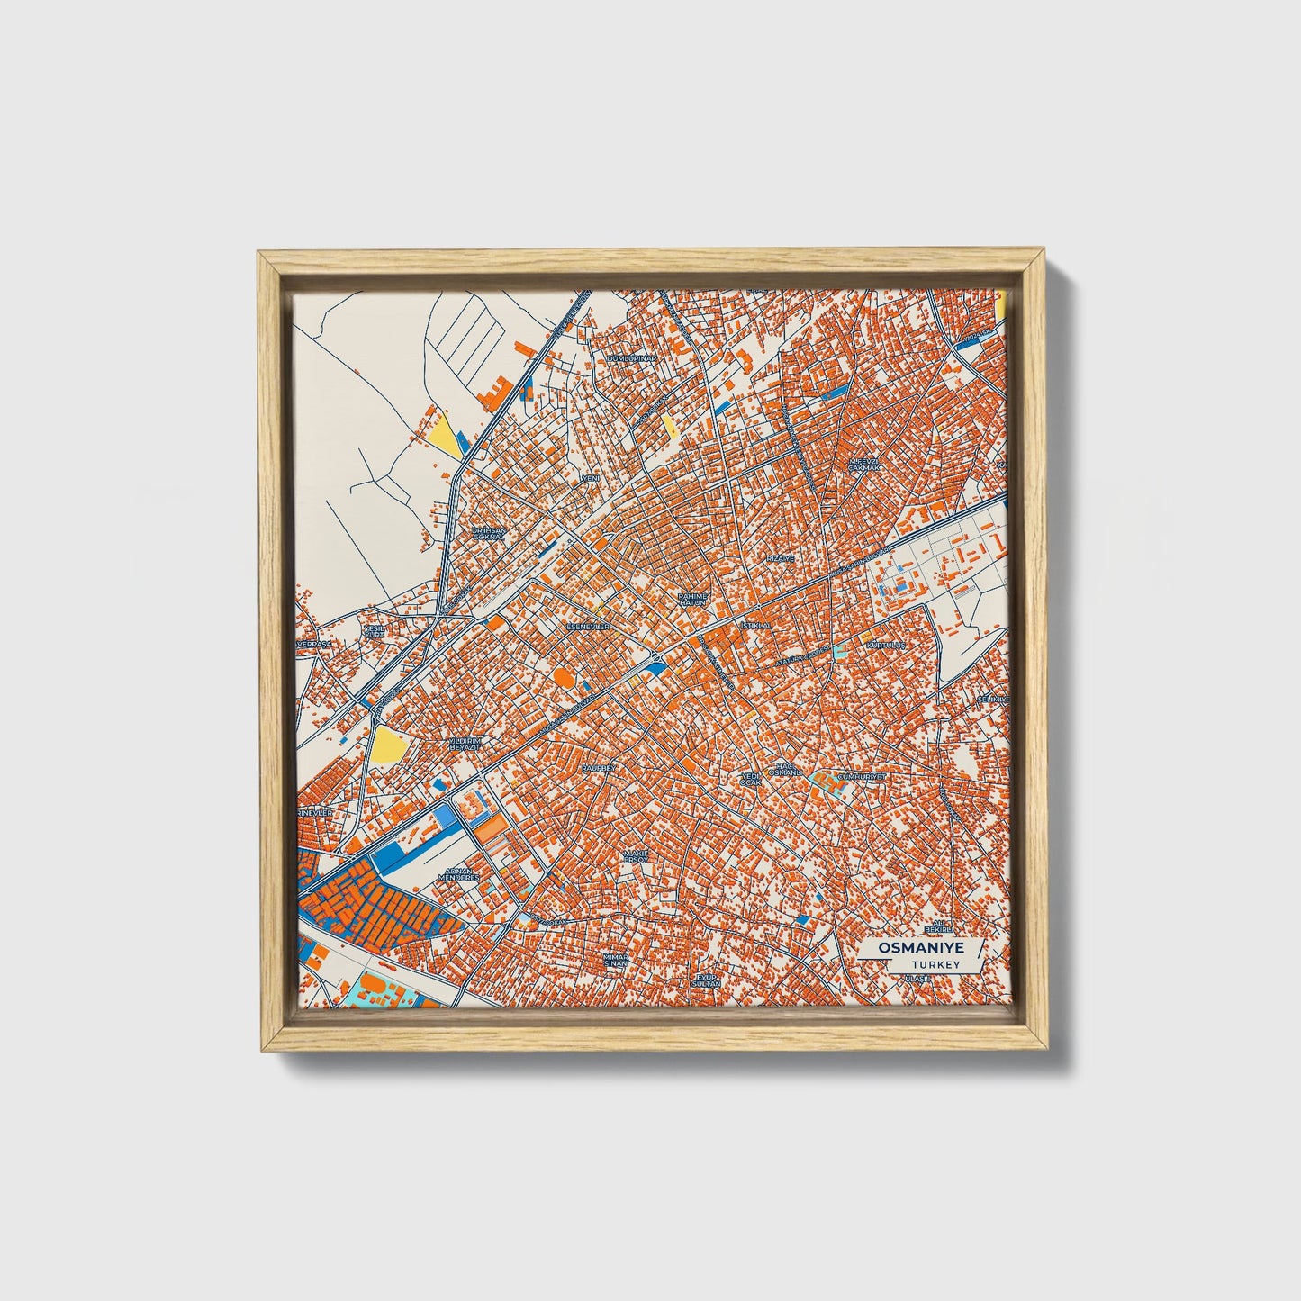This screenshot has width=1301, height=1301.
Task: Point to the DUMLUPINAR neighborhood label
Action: click(634, 358)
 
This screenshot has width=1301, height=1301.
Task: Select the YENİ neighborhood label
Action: click(591, 477)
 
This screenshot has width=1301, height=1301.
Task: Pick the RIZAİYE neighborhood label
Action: click(781, 558)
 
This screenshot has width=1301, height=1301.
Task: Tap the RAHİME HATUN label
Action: click(693, 600)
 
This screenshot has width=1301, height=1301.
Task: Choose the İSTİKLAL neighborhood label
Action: click(755, 624)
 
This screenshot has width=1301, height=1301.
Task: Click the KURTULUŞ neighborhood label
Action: click(884, 646)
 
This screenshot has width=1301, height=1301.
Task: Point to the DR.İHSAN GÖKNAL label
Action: click(490, 534)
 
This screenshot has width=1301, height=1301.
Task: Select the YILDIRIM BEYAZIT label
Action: click(466, 744)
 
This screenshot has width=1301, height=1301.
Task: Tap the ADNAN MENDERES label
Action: click(459, 874)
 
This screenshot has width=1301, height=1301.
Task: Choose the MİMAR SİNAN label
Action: click(616, 960)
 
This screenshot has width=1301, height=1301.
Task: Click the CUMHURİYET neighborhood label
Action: click(862, 775)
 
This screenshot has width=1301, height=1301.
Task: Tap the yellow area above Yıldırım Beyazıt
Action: click(388, 743)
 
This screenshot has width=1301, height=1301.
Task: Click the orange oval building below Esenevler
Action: click(561, 675)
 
